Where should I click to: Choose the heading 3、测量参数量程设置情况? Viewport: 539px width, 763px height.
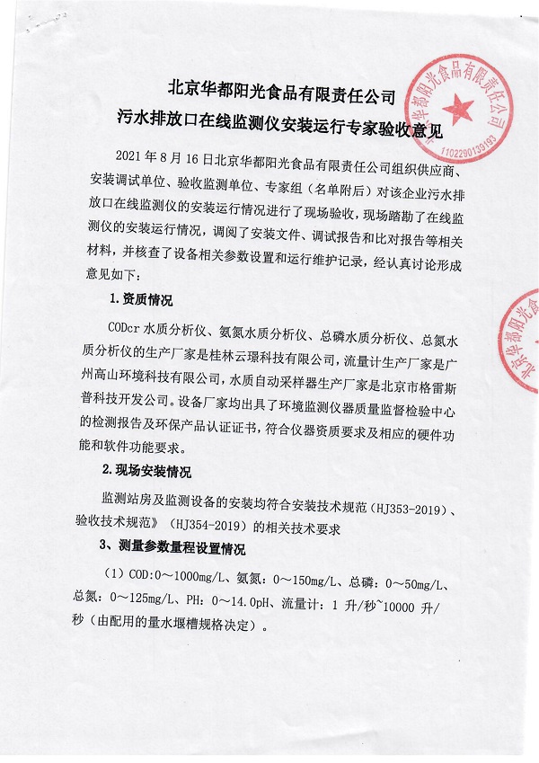pyautogui.click(x=175, y=547)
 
